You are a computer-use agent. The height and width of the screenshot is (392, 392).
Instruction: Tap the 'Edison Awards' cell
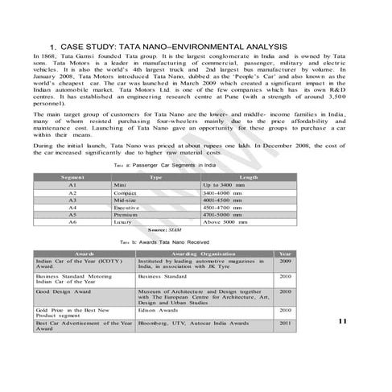tap(158, 309)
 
